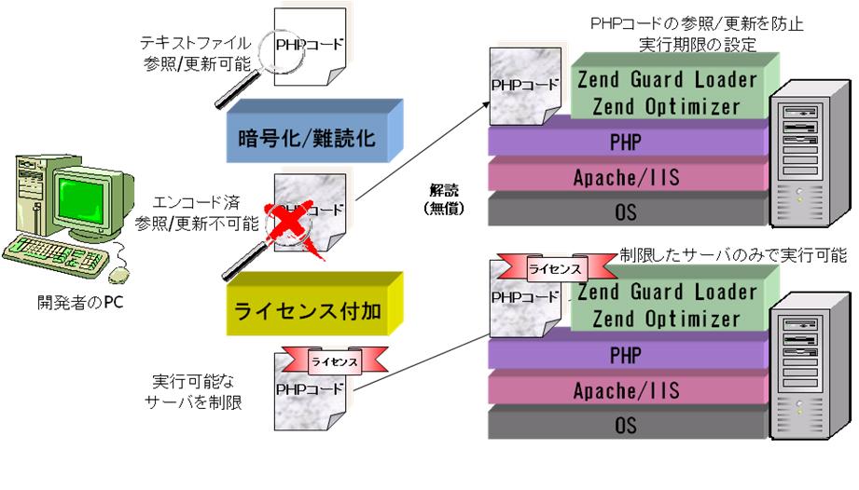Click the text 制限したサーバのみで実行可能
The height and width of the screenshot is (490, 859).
click(733, 254)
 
